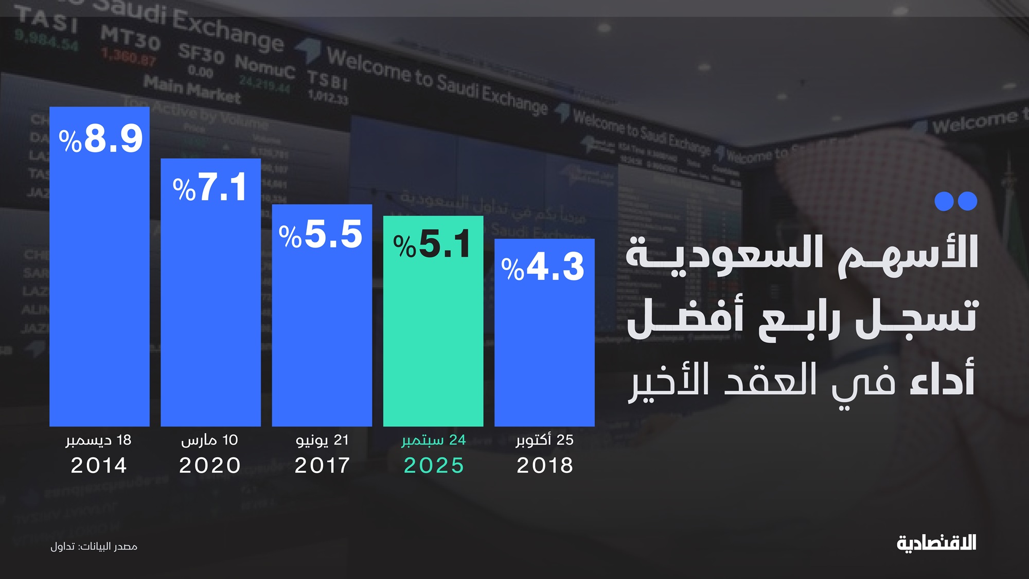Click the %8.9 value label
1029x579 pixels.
pos(101,138)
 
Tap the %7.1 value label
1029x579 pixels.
pos(210,187)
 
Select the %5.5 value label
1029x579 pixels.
pos(321,235)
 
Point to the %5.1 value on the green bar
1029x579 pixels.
pos(432,244)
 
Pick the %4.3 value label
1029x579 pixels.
pos(543,267)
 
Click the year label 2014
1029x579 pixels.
pos(99,466)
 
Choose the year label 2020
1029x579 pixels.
pos(210,466)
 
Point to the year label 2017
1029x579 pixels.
pos(322,466)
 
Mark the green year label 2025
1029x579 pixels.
pos(434,466)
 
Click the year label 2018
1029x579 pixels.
pos(545,466)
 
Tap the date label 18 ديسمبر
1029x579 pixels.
pos(98,441)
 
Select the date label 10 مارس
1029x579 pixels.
pos(209,441)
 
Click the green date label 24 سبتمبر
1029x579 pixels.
pos(434,441)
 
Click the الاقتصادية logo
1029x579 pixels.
pos(936,543)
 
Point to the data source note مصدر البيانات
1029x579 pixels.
pos(94,547)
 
